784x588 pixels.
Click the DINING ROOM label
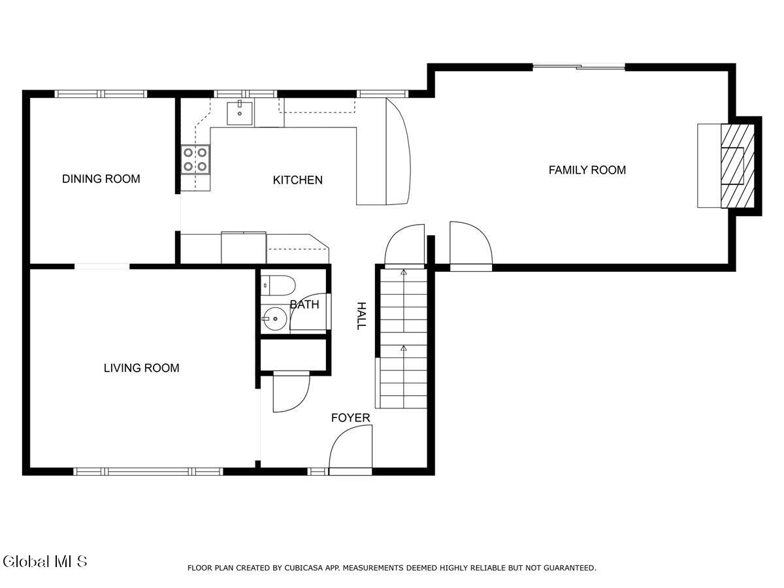click(x=101, y=179)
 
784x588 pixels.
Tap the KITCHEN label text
click(x=297, y=180)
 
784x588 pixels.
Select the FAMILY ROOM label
click(x=587, y=171)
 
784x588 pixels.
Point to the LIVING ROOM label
click(x=141, y=368)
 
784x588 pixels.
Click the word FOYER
click(x=350, y=418)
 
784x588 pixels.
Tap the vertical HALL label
click(x=361, y=316)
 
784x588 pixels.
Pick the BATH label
click(x=304, y=304)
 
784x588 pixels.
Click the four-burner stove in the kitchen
click(x=196, y=159)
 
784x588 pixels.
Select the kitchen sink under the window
click(x=240, y=114)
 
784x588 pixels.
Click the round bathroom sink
click(x=274, y=320)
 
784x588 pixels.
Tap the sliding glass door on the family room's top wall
click(x=579, y=66)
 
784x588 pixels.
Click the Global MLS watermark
click(x=44, y=561)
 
